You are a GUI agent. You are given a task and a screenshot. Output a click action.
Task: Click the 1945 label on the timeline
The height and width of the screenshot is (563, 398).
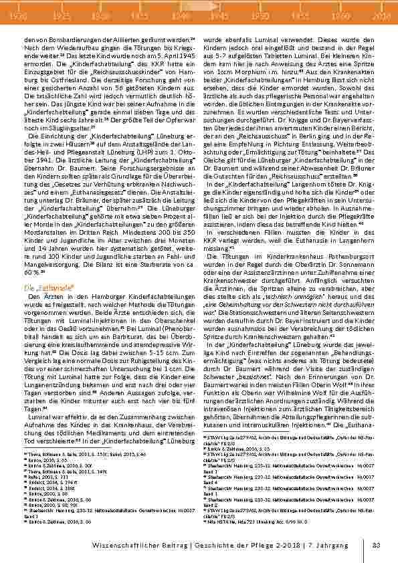[x=217, y=14]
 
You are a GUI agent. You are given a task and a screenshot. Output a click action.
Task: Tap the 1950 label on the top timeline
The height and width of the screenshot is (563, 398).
[x=260, y=14]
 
